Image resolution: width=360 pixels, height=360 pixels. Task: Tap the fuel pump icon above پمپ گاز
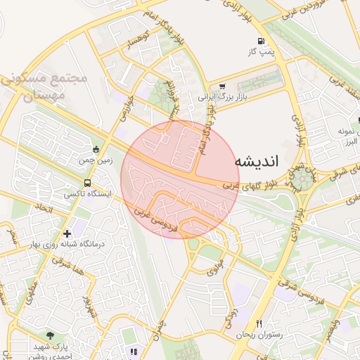click(x=262, y=41)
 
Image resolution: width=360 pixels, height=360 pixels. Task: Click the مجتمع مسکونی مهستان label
click(x=42, y=86)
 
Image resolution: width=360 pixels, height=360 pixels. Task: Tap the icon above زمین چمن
click(x=96, y=149)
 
